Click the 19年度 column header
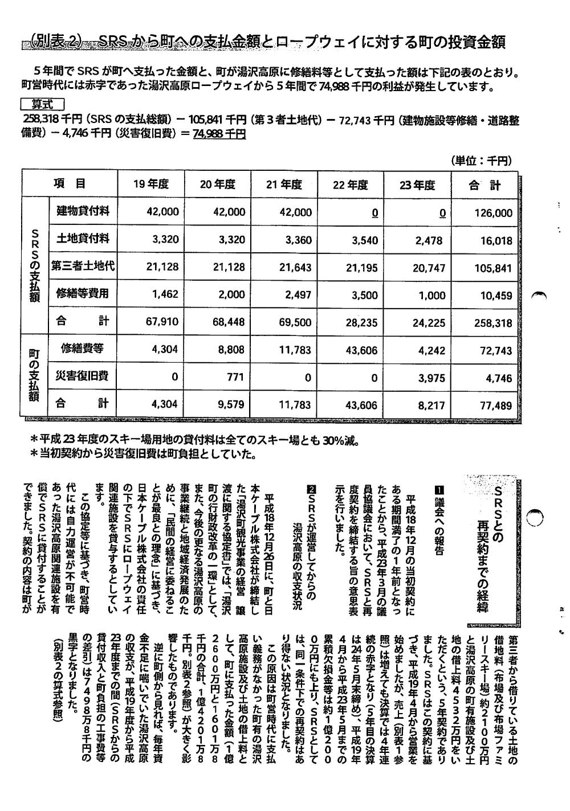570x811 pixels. [x=150, y=185]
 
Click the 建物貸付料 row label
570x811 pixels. [x=83, y=212]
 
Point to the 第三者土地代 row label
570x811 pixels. [x=83, y=267]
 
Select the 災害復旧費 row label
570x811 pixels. [x=83, y=376]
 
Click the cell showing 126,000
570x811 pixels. [x=493, y=213]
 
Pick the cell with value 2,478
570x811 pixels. [x=429, y=240]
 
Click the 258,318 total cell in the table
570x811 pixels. [x=493, y=322]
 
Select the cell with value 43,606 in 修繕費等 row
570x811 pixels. [x=361, y=350]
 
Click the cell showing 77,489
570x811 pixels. [x=493, y=404]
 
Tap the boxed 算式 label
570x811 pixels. [x=42, y=105]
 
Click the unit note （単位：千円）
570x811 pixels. [x=481, y=161]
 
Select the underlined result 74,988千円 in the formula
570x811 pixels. [x=219, y=133]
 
